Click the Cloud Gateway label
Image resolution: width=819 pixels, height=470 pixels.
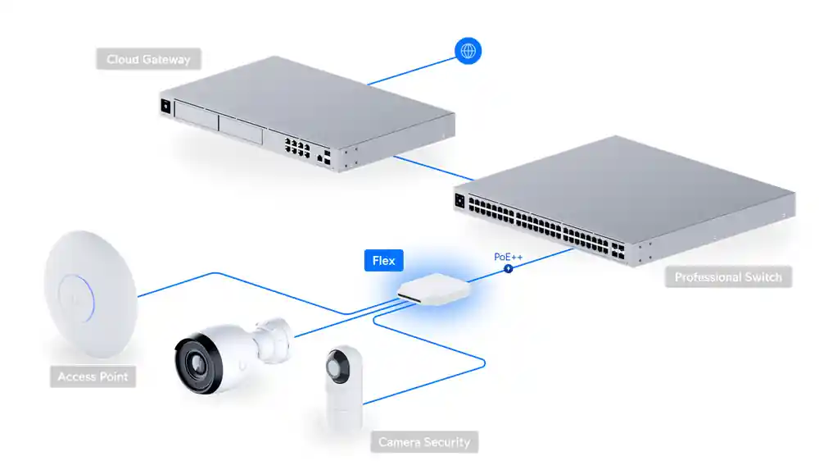pyautogui.click(x=147, y=60)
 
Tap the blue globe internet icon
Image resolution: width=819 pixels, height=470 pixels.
pyautogui.click(x=468, y=51)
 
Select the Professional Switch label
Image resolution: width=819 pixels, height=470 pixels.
pyautogui.click(x=728, y=277)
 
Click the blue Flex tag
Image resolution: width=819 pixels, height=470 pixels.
pyautogui.click(x=383, y=261)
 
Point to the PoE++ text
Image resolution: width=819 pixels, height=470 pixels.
pyautogui.click(x=508, y=257)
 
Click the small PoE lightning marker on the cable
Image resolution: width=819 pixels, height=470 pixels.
pyautogui.click(x=508, y=268)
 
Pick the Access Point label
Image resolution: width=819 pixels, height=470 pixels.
pyautogui.click(x=93, y=377)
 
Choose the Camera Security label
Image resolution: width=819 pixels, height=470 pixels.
pyautogui.click(x=423, y=442)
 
